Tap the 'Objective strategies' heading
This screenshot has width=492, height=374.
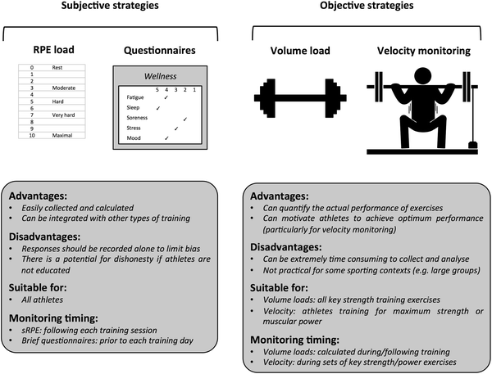[367, 8]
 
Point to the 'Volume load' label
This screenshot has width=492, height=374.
[301, 51]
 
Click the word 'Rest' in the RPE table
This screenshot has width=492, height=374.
[58, 68]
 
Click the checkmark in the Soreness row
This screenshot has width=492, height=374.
[185, 118]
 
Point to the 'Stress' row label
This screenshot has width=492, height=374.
[133, 128]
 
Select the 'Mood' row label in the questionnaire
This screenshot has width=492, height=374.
[132, 138]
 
